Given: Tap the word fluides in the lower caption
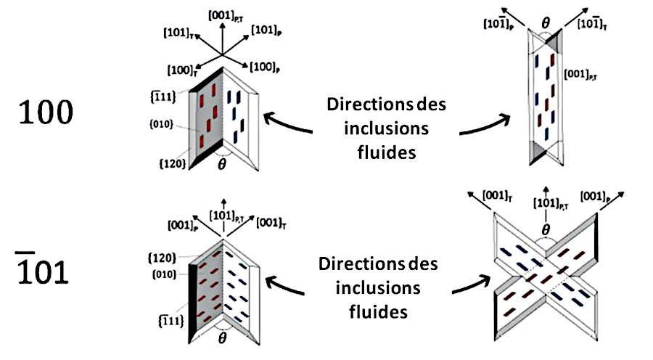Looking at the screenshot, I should (x=374, y=314).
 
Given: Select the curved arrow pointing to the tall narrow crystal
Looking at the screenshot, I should (x=482, y=128).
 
